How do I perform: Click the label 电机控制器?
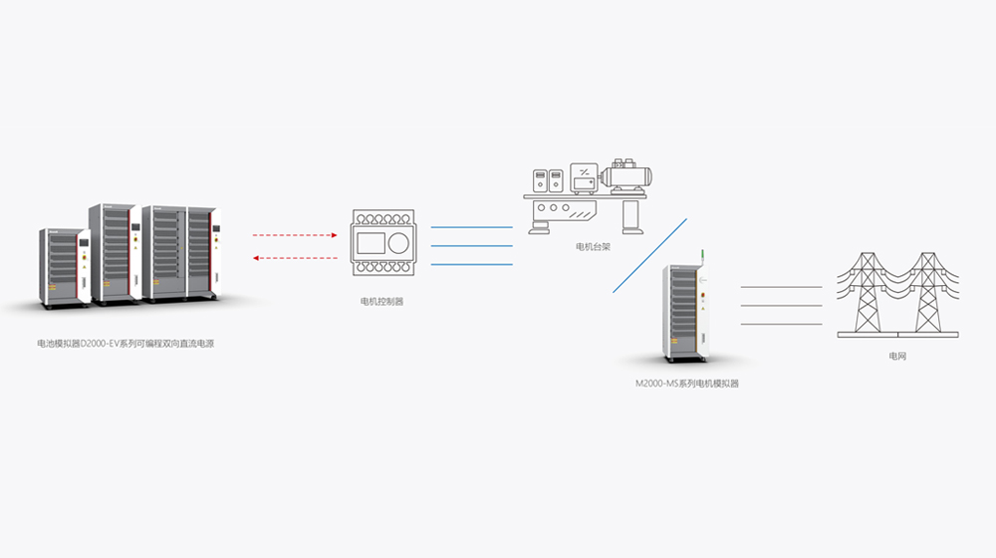pos(381,300)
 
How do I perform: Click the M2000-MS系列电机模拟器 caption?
pos(687,383)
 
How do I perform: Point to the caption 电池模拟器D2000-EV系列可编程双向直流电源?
pos(126,343)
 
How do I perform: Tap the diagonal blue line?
pos(649,255)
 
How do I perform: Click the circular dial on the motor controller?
pos(397,242)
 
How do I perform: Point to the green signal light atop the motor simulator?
pos(703,256)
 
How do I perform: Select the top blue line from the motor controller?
pos(471,228)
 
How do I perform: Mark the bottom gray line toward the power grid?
pos(781,323)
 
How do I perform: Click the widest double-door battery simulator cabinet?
pos(179,253)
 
